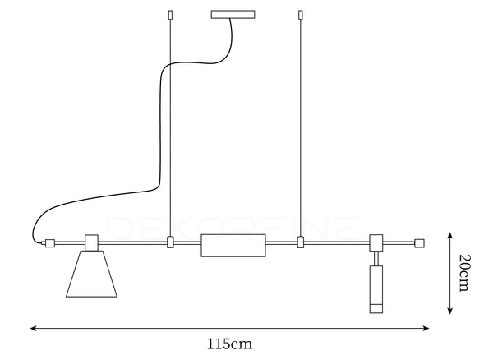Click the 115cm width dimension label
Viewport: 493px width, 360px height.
tap(229, 344)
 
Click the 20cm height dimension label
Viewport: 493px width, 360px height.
tap(465, 273)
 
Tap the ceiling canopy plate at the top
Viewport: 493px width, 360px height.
tap(233, 15)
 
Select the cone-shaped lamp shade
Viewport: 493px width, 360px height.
tap(91, 274)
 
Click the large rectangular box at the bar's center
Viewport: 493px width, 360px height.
tap(233, 245)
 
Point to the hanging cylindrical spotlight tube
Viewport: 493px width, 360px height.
tap(376, 289)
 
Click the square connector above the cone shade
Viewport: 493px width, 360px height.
tap(92, 242)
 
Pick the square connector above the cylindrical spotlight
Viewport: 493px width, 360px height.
tap(376, 242)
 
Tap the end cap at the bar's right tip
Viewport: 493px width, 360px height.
tap(419, 243)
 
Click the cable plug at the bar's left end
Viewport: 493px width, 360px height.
tap(49, 243)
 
